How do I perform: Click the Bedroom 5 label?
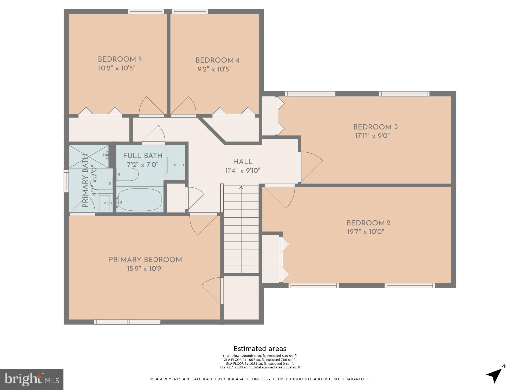(x=120, y=59)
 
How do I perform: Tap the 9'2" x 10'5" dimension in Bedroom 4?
(x=214, y=69)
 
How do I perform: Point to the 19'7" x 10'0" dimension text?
(x=366, y=232)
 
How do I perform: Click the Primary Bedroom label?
(x=145, y=260)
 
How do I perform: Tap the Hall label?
(x=243, y=162)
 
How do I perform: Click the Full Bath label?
(x=142, y=156)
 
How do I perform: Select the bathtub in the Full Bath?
(x=140, y=199)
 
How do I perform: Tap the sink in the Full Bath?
(x=175, y=165)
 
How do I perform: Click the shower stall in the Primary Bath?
(x=89, y=157)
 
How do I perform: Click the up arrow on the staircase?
(x=241, y=187)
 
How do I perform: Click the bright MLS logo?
(x=32, y=380)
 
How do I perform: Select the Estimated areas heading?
(x=260, y=349)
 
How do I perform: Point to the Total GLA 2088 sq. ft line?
(x=260, y=367)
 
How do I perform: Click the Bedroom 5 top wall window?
(x=146, y=11)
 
